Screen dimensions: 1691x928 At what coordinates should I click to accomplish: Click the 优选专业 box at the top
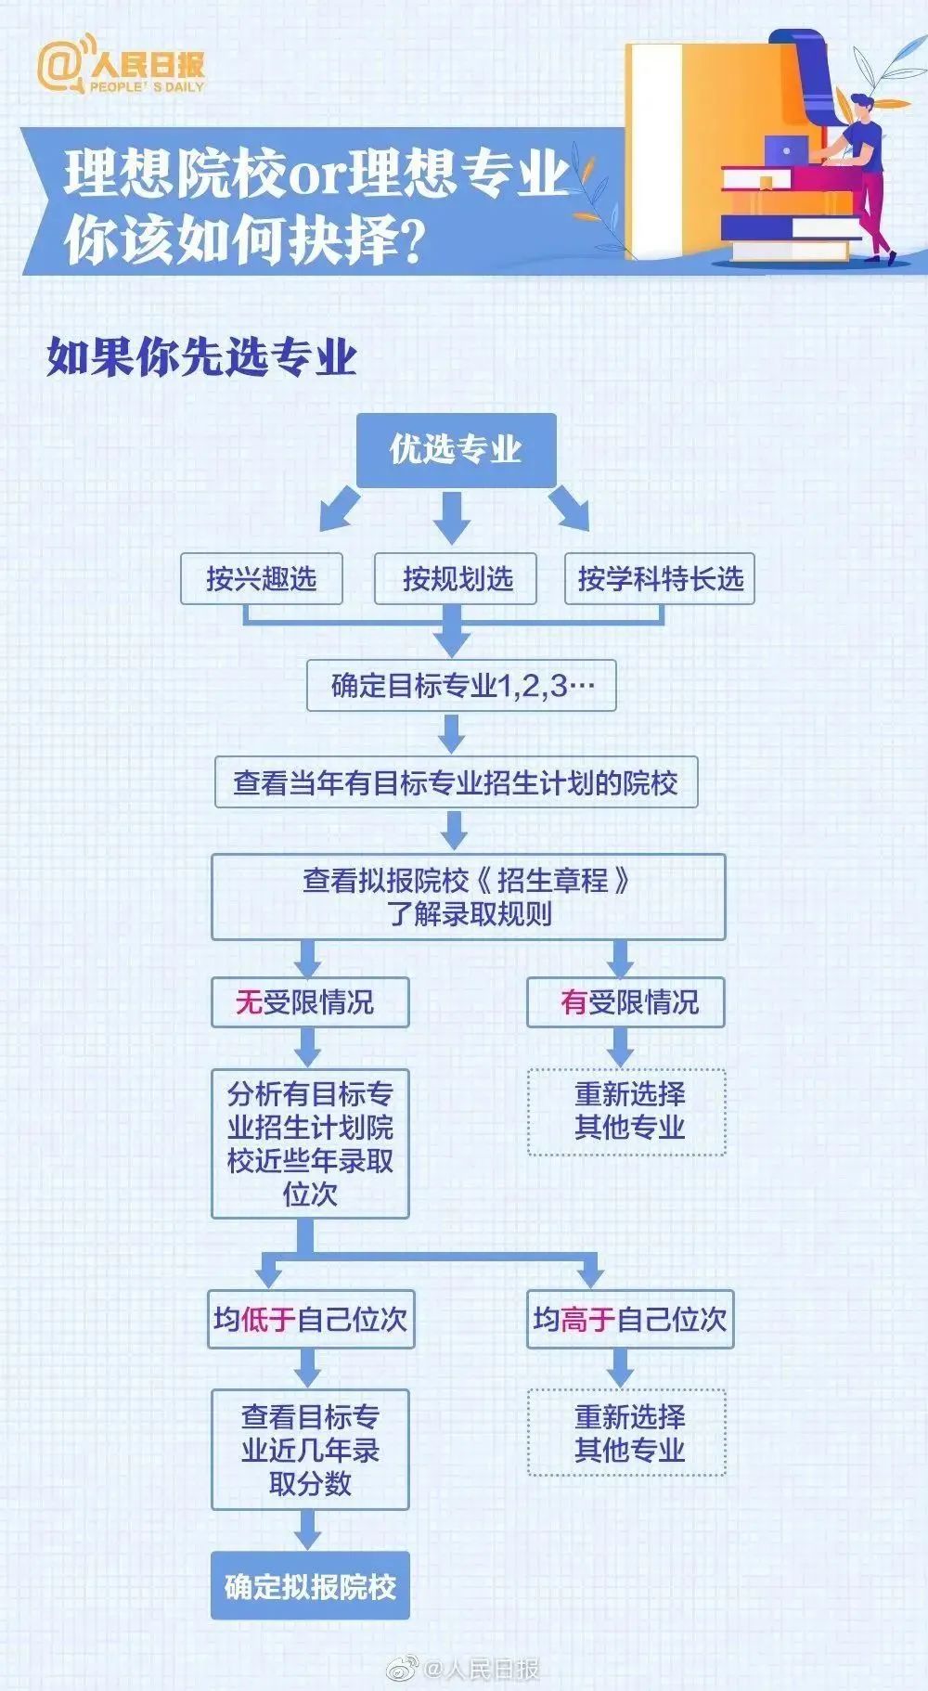click(x=456, y=450)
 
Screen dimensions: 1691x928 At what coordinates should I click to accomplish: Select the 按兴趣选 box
click(x=261, y=579)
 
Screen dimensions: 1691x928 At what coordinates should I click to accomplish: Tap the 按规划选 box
click(x=456, y=579)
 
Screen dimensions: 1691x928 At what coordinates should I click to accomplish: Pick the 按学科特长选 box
click(x=660, y=579)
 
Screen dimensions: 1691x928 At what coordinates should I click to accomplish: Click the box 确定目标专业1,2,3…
click(x=461, y=687)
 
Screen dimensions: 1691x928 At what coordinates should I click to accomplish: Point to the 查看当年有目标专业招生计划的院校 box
click(x=456, y=783)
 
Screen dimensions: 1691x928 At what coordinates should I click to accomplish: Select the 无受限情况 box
click(x=310, y=1002)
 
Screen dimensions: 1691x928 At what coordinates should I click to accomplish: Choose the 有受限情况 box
click(x=625, y=1002)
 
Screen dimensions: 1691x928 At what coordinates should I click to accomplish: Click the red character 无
click(x=249, y=1002)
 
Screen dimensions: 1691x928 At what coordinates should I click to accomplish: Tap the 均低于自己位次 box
click(x=312, y=1319)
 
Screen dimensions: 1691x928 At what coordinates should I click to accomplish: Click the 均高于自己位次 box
click(x=630, y=1319)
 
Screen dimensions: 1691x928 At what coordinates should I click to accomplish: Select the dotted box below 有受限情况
click(x=626, y=1111)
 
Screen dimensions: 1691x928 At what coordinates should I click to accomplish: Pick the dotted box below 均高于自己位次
click(x=626, y=1432)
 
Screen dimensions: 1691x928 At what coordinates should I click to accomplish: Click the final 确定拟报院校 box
click(x=310, y=1586)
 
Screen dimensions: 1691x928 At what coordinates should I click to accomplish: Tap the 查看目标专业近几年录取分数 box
click(x=310, y=1449)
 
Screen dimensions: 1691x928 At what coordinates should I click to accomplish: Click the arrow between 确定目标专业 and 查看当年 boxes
click(x=452, y=734)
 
